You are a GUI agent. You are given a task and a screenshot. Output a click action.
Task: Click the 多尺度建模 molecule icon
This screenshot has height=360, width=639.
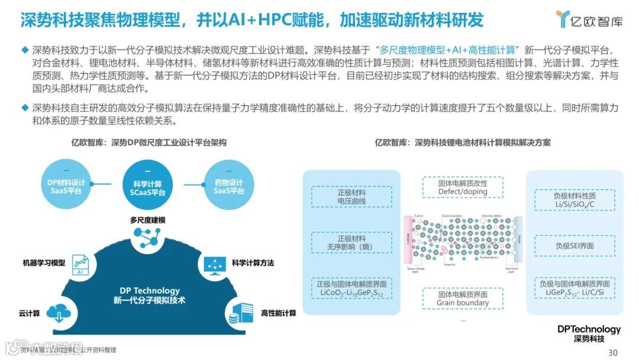pos(147,238)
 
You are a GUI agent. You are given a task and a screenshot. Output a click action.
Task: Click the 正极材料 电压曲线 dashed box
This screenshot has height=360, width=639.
pos(351,197)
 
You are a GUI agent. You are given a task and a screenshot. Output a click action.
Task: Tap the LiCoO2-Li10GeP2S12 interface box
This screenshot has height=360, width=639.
pos(351,288)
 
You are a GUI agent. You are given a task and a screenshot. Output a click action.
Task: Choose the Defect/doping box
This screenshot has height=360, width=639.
pos(463,187)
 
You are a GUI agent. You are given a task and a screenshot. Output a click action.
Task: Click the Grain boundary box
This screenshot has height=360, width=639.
pos(463,298)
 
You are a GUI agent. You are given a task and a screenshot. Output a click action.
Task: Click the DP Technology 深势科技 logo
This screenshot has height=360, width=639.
pos(589,333)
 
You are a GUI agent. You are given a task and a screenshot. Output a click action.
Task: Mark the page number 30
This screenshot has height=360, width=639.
pos(612,352)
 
